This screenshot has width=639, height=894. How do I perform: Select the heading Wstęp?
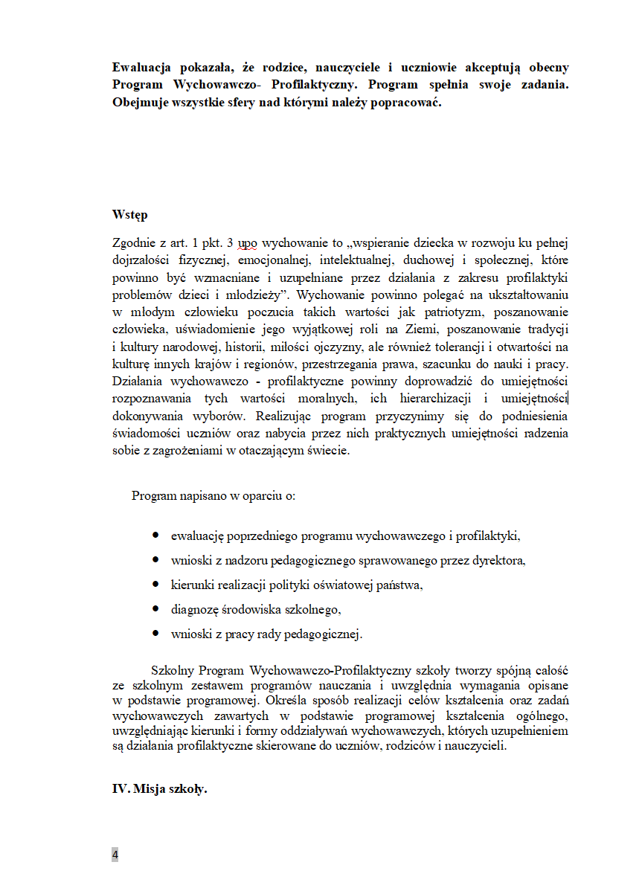tap(129, 215)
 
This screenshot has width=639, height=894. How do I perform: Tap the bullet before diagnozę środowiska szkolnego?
tap(156, 609)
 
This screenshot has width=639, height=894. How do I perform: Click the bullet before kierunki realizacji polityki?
tap(156, 585)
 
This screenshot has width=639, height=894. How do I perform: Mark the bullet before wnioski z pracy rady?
tap(156, 634)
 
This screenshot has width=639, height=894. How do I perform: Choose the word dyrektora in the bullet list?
tap(499, 560)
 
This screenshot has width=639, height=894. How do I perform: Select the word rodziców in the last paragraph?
tap(408, 747)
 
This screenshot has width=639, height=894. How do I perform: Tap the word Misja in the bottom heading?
tap(150, 789)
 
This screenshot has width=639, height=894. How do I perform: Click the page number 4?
tap(115, 855)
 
